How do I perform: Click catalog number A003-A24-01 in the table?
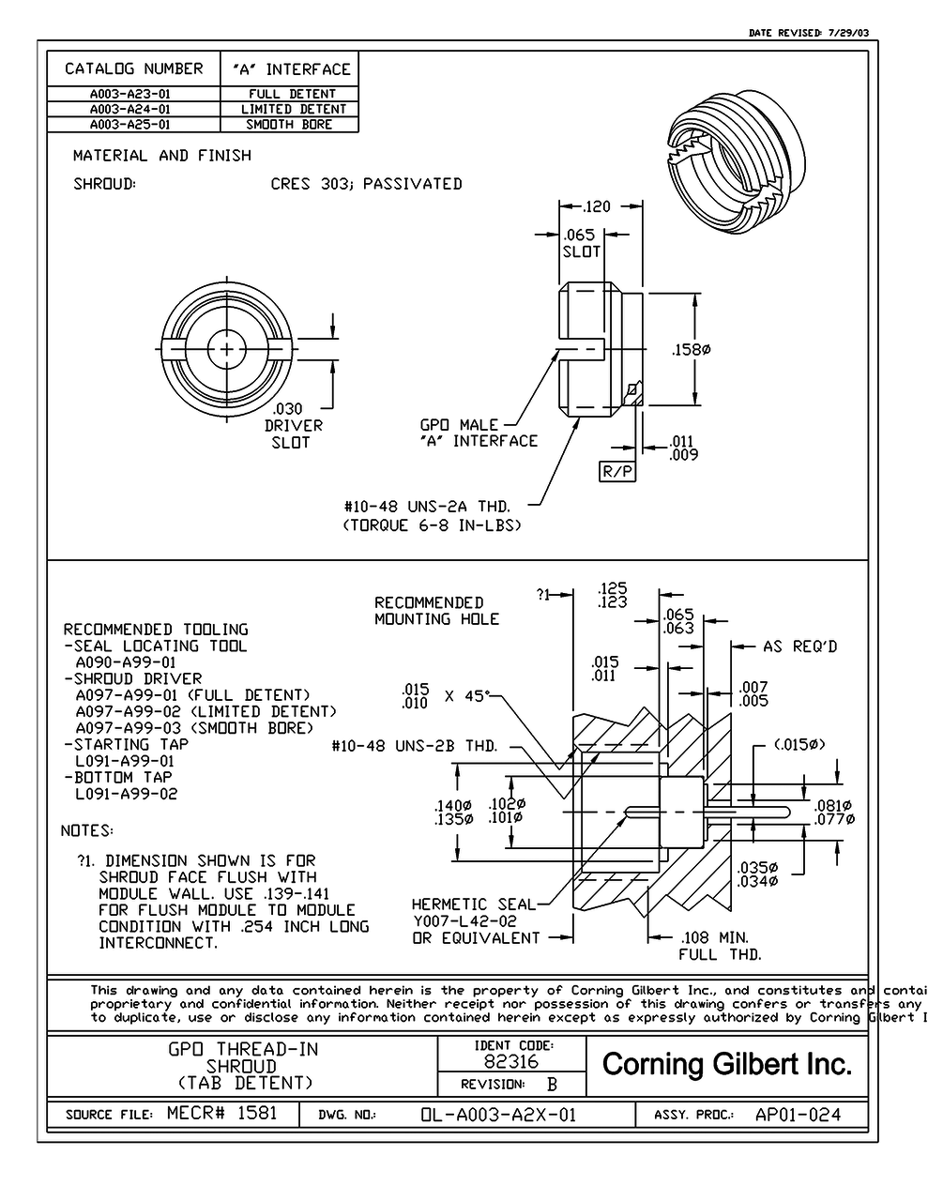129,109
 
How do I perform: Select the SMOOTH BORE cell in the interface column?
289,124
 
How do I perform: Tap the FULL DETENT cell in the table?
291,94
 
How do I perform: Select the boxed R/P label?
616,471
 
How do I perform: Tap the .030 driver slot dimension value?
287,409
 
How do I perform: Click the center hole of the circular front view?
226,349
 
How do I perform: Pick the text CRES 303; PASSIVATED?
366,184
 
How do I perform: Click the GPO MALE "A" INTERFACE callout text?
479,433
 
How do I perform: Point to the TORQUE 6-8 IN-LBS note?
432,525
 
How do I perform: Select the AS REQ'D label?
799,646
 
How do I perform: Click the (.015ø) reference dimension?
799,744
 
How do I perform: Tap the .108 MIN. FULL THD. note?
720,946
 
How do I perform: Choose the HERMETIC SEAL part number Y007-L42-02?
464,921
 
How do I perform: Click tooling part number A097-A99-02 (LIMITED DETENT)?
205,711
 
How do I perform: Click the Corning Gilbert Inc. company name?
727,1064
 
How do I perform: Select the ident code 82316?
510,1062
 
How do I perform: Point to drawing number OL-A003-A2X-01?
497,1115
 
